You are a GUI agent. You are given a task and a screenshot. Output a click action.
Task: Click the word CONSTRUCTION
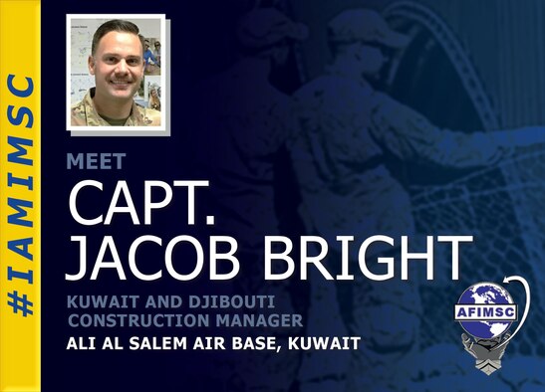click(x=136, y=319)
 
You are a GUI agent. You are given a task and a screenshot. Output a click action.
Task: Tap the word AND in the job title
click(x=159, y=300)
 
